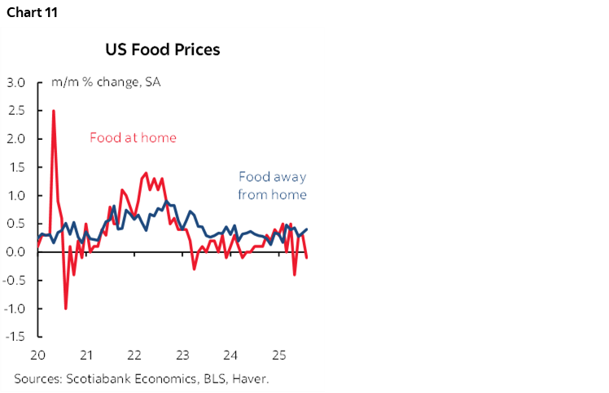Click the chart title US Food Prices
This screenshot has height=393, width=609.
click(163, 50)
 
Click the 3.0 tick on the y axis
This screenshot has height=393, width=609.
click(17, 82)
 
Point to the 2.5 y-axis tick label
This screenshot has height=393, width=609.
click(17, 111)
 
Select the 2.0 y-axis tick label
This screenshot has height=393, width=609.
click(17, 139)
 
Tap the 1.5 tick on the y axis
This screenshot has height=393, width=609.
click(17, 168)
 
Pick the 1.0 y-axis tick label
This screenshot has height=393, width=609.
click(17, 196)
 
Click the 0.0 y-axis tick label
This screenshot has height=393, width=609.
click(17, 252)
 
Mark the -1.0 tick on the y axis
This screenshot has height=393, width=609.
click(15, 309)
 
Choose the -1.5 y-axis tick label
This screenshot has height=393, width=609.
click(15, 337)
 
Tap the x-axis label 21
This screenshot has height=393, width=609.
click(86, 356)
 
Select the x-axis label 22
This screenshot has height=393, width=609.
click(134, 356)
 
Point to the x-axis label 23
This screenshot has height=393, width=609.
click(182, 356)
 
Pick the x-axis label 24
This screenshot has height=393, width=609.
click(230, 356)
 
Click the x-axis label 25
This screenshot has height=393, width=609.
click(278, 356)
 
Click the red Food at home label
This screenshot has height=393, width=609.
click(133, 138)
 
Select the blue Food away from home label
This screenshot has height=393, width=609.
click(272, 186)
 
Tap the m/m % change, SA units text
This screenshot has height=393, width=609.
click(106, 82)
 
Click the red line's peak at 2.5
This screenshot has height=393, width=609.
click(54, 111)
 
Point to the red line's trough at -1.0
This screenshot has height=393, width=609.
click(66, 308)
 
